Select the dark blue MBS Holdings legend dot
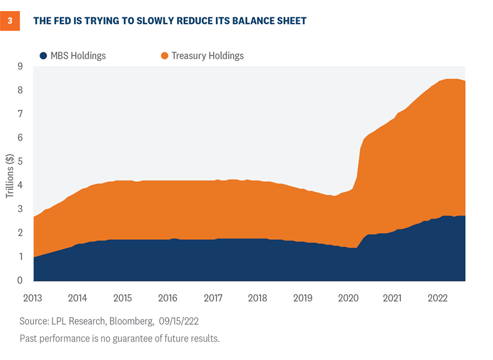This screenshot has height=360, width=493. pyautogui.click(x=43, y=55)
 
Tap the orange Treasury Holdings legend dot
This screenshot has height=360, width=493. pyautogui.click(x=164, y=55)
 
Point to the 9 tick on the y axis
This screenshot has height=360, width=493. pyautogui.click(x=20, y=67)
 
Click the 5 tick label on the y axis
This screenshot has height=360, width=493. pyautogui.click(x=20, y=162)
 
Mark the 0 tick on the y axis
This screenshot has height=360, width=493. pyautogui.click(x=20, y=280)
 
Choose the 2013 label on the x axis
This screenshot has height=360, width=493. pyautogui.click(x=33, y=298)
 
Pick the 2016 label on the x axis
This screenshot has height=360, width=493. pyautogui.click(x=168, y=298)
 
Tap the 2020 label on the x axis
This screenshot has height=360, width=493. pyautogui.click(x=348, y=298)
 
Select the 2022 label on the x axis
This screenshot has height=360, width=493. pyautogui.click(x=438, y=298)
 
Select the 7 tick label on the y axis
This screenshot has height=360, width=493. pyautogui.click(x=20, y=114)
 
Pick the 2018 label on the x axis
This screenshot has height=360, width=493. pyautogui.click(x=258, y=298)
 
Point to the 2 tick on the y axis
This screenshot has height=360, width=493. pyautogui.click(x=20, y=233)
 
